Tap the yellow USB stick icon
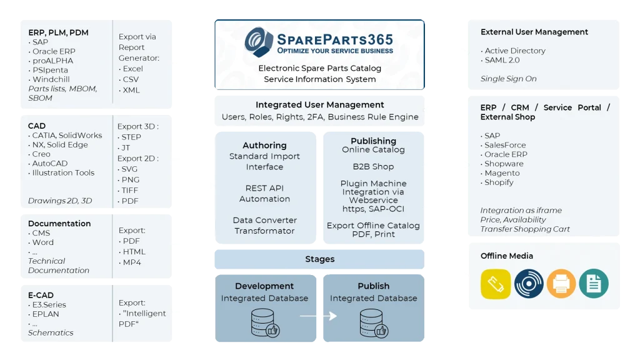496,284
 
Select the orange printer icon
561,284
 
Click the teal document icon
593,284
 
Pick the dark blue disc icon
529,284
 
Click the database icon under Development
263,322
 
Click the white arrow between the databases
318,316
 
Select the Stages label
319,259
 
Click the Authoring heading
264,145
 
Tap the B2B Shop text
373,167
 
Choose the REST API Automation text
264,193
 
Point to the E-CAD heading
41,295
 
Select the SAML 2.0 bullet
503,60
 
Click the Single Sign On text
508,79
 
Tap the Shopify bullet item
499,182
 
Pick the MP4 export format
132,262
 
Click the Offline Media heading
507,256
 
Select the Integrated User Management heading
319,105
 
